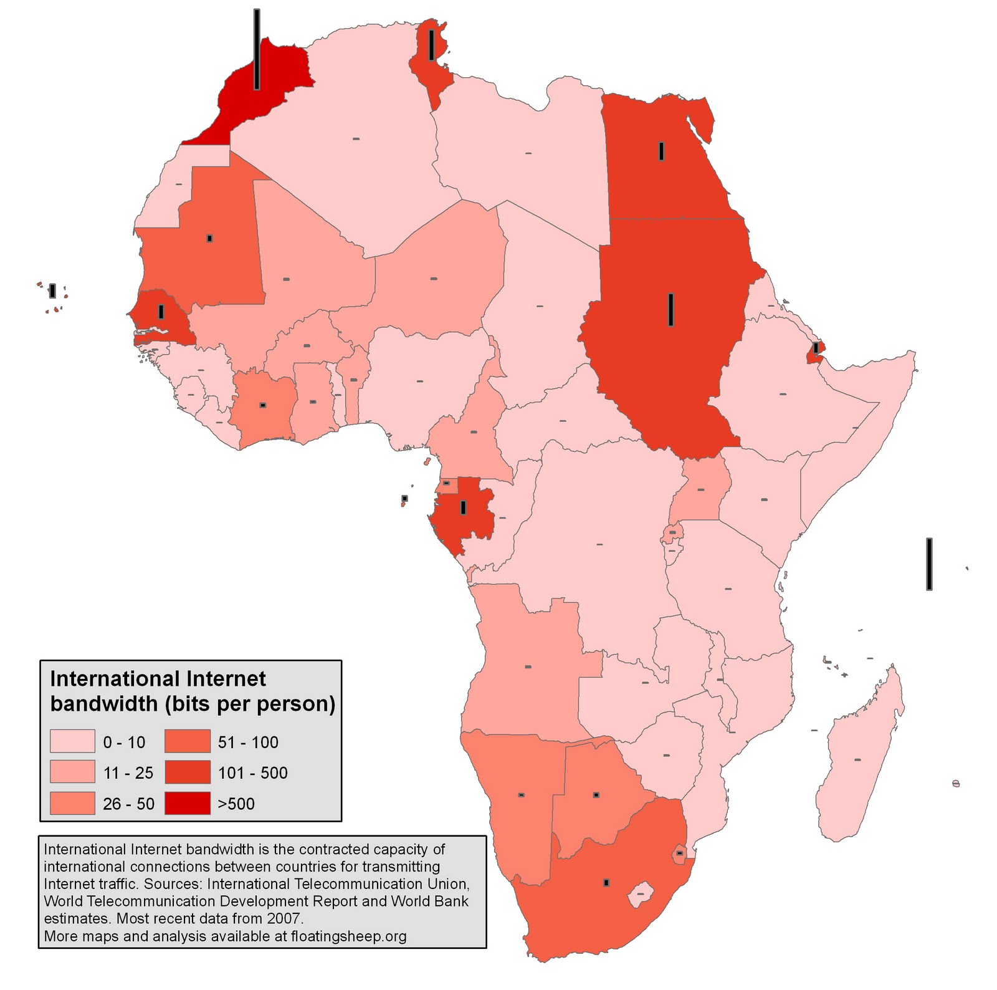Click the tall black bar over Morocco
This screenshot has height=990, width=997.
point(257,50)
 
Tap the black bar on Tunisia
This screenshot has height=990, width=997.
point(431,46)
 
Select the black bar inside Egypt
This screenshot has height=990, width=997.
point(661,151)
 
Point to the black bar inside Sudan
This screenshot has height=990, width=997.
point(671,309)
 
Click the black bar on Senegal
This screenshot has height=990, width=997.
point(161,312)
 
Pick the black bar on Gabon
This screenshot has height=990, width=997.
point(463,507)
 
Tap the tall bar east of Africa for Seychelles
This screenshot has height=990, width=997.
point(929,564)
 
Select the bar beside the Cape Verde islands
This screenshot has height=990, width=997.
point(52,291)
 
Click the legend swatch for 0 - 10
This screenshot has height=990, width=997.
point(72,742)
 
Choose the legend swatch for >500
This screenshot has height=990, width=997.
point(188,803)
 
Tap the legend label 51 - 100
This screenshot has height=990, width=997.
point(248,742)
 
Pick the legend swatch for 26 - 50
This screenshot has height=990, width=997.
point(72,803)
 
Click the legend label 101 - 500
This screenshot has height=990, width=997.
point(252,773)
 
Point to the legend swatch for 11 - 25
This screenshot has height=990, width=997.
point(72,772)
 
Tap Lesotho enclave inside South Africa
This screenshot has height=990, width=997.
point(639,895)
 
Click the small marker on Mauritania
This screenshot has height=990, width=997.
point(210,238)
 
